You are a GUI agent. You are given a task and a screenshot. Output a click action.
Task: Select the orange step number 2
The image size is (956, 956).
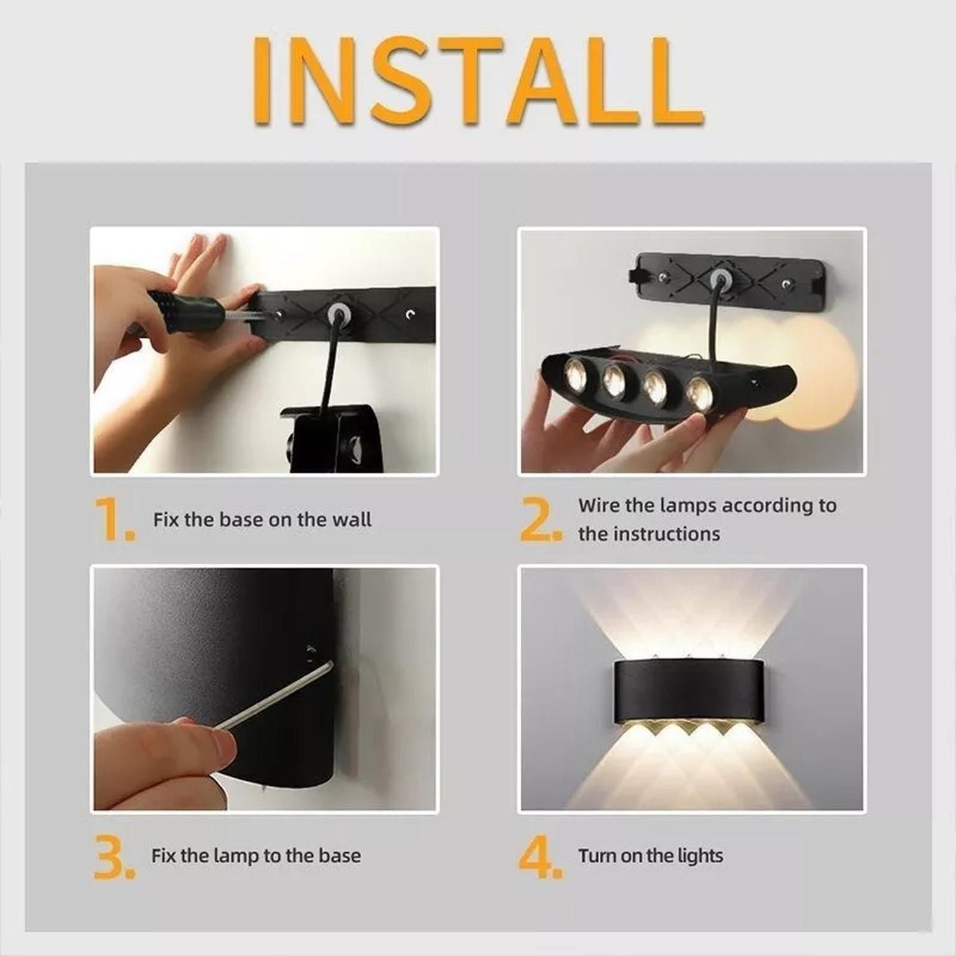click(540, 519)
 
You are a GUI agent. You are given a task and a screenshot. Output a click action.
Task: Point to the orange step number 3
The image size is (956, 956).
click(113, 857)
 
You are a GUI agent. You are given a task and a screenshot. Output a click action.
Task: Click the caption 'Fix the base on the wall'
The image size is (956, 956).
click(262, 519)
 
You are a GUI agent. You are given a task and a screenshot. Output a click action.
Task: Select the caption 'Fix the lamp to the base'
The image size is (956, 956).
click(256, 855)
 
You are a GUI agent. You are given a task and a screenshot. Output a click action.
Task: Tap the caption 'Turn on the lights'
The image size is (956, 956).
click(651, 855)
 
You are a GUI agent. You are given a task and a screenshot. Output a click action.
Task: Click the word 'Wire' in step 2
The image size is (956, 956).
click(598, 505)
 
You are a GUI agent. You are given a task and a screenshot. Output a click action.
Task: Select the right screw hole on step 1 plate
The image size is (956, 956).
click(410, 314)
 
